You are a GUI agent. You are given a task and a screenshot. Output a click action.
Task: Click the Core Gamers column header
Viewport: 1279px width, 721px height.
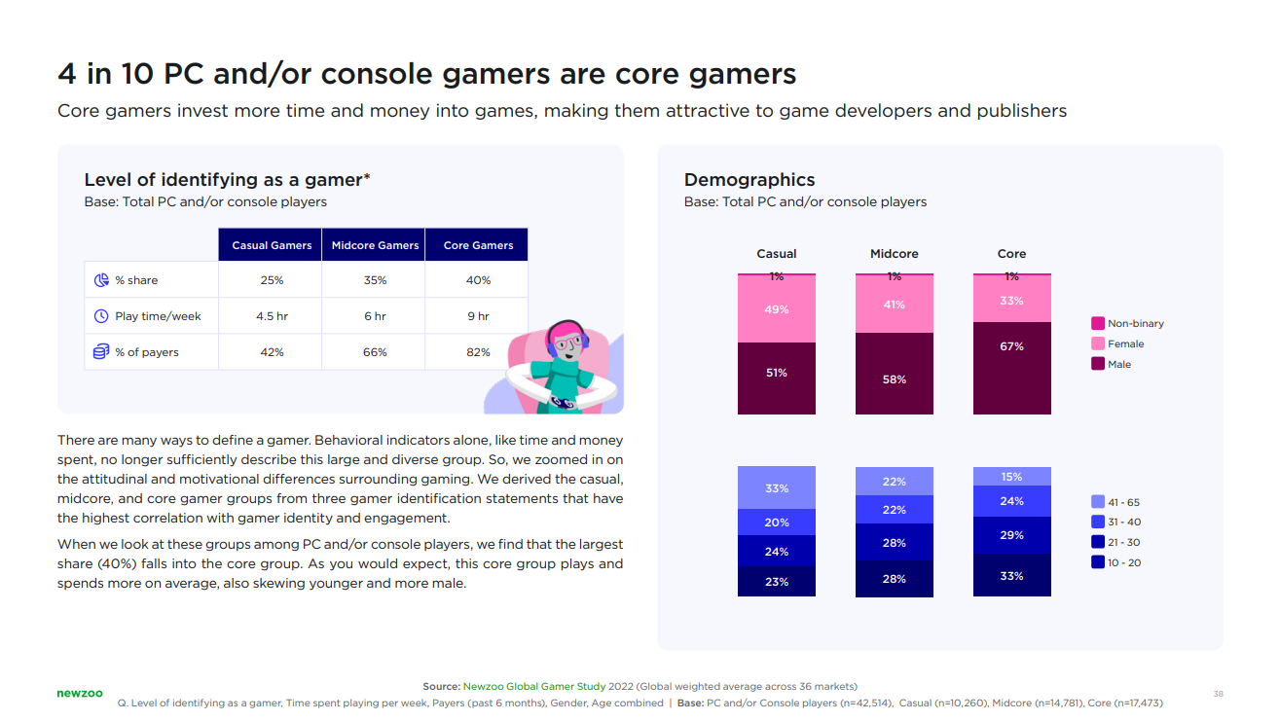(478, 245)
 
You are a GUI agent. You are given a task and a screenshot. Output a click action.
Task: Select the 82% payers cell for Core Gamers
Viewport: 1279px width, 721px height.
(478, 352)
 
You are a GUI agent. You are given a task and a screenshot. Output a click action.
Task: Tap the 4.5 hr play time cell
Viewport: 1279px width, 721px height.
(272, 316)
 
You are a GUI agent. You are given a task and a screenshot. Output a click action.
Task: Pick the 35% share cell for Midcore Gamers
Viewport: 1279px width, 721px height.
(375, 280)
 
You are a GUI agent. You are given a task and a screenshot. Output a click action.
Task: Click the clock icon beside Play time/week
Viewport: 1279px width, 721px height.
(101, 316)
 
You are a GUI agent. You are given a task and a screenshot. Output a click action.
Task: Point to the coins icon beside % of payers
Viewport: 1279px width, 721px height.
(101, 351)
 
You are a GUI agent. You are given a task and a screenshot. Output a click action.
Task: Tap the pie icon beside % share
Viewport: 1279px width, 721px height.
(101, 280)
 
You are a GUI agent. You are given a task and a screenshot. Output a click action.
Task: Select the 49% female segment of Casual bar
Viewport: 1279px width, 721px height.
(776, 309)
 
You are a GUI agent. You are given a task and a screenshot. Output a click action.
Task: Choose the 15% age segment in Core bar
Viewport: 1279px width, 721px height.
(1011, 477)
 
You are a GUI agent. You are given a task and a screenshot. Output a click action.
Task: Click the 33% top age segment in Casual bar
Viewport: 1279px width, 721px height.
(776, 487)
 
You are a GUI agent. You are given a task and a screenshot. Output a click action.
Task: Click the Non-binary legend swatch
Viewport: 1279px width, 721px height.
(1098, 323)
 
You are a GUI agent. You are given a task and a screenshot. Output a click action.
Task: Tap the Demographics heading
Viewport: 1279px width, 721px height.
(749, 180)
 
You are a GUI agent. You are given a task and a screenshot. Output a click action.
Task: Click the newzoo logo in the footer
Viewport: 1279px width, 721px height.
(79, 693)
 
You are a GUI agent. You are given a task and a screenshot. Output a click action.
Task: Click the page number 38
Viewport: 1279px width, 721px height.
(1218, 694)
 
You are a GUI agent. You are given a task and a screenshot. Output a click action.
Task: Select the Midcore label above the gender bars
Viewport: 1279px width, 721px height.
(894, 254)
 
